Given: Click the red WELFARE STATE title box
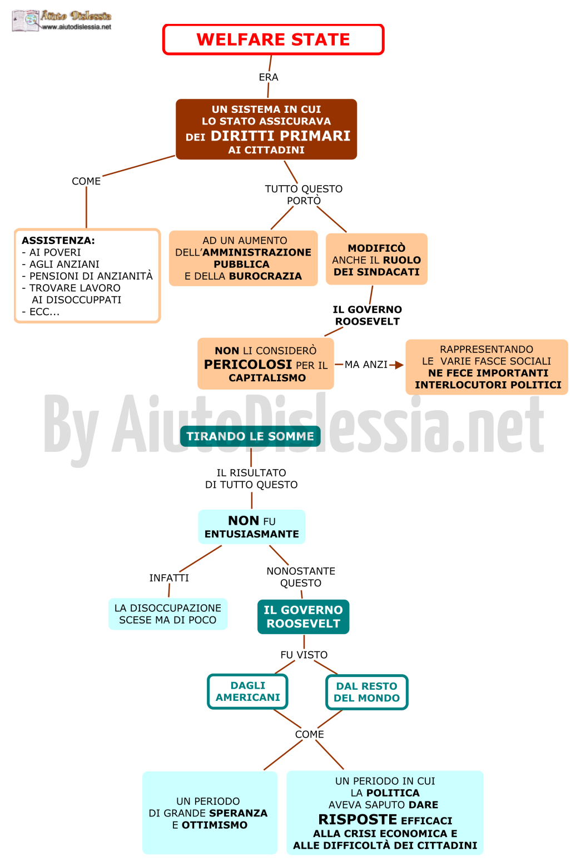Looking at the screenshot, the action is pos(273,39).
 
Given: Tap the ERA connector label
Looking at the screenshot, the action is pos(269,77).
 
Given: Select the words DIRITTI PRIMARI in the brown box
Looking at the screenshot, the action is pos(280,136).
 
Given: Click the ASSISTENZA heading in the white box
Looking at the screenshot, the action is pos(58,240).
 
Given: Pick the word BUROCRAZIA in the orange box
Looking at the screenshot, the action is pos(265,276).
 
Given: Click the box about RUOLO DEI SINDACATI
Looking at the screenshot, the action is pos(376,259).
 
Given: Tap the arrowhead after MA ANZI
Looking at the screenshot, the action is pos(399,365).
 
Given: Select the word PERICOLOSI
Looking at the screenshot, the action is pos(248,364).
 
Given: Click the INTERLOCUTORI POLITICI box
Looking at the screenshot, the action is pos(487,367).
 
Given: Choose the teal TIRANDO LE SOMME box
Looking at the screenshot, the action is pos(250,436).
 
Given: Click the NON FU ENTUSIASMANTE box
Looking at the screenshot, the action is pos(252,527).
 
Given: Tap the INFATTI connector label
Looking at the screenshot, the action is pos(169,578).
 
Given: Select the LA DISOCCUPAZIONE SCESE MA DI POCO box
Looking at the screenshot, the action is pos(168,614).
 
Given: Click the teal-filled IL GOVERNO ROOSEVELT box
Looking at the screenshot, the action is pos(303,616).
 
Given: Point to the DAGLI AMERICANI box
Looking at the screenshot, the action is pos(247,691).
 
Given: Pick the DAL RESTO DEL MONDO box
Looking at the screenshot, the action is pos(367,692).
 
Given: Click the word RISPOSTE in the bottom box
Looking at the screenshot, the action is pos(357,819).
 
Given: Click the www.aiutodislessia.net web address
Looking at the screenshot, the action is pos(76,27).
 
